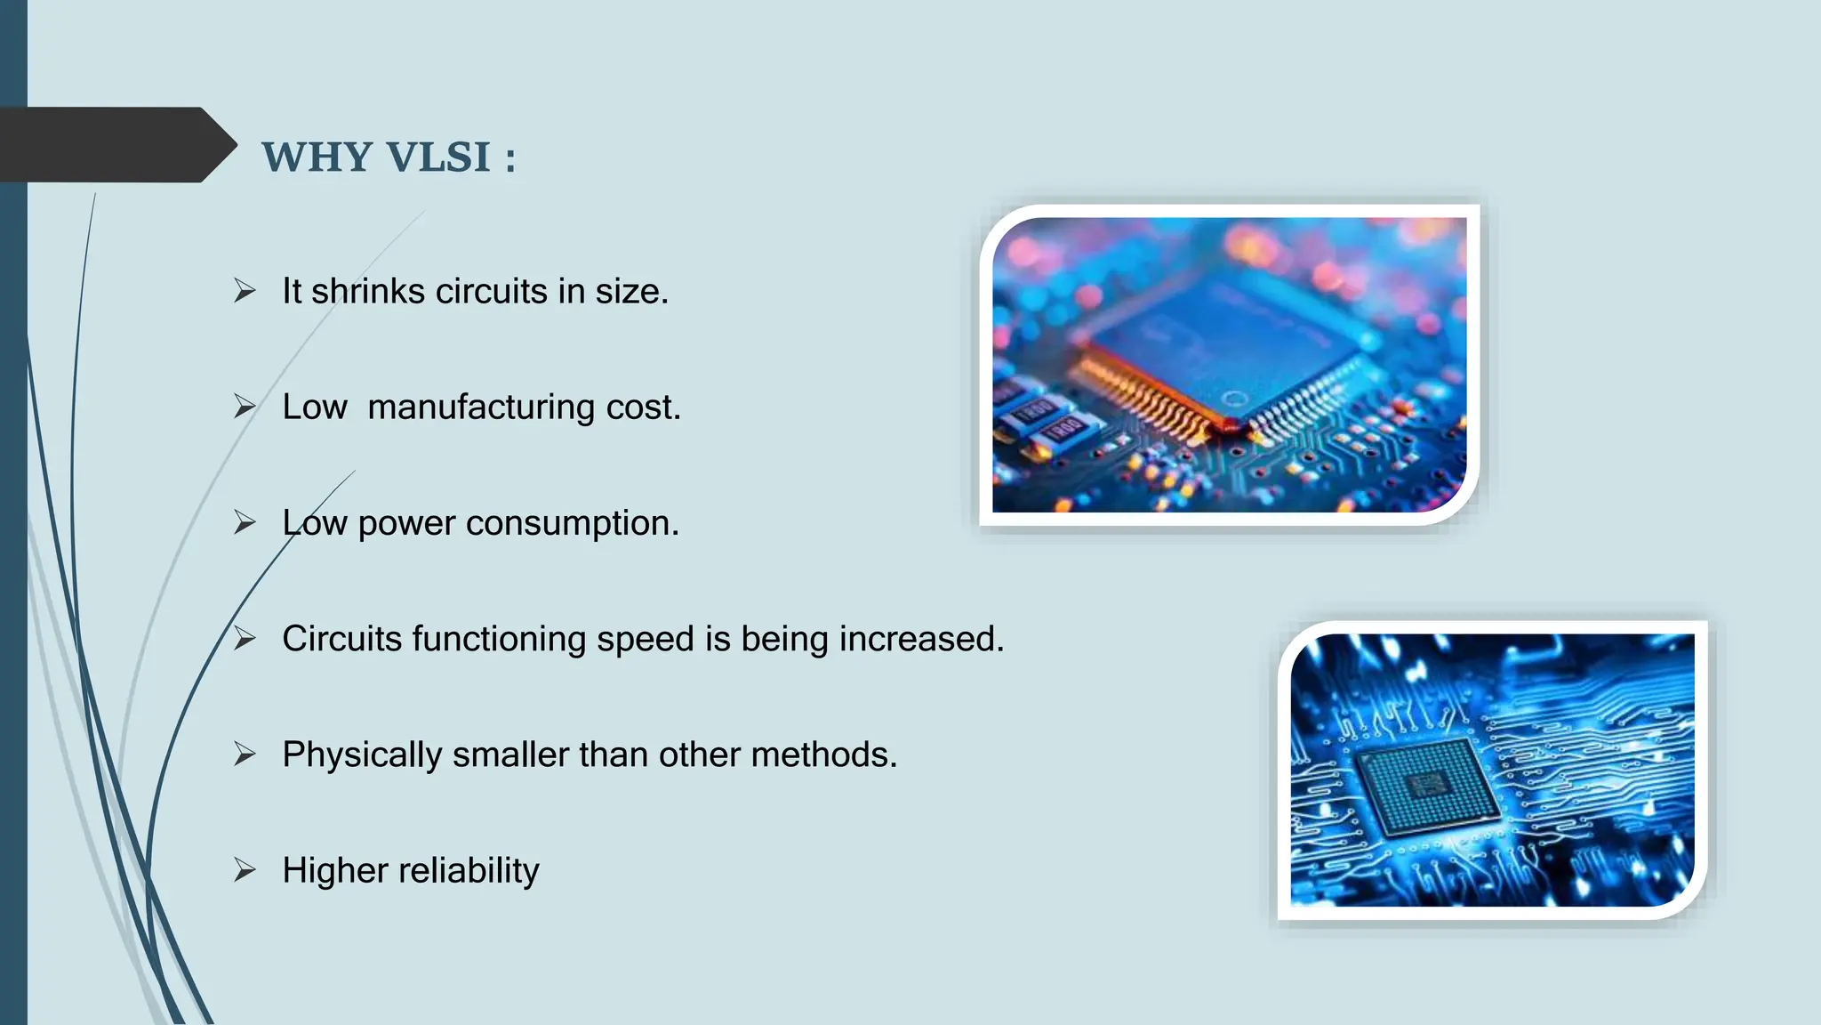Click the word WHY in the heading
pyautogui.click(x=317, y=157)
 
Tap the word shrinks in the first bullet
pyautogui.click(x=368, y=292)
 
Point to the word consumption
pyautogui.click(x=572, y=523)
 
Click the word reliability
pyautogui.click(x=469, y=870)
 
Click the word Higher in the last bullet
pyautogui.click(x=333, y=870)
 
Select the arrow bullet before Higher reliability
pyautogui.click(x=245, y=870)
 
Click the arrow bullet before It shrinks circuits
pyautogui.click(x=245, y=291)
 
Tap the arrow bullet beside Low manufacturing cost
pyautogui.click(x=245, y=407)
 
